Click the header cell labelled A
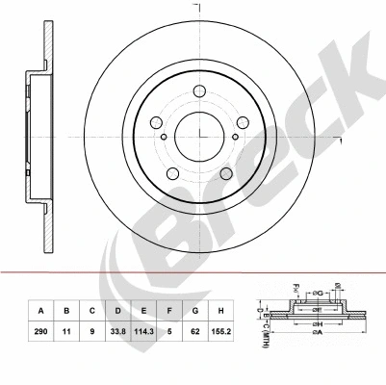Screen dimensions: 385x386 [x=41, y=311]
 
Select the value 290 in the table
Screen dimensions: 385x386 [x=41, y=331]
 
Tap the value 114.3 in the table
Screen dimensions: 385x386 [x=142, y=331]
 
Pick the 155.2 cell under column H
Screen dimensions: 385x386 [x=219, y=331]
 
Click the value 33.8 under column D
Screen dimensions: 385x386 [x=116, y=331]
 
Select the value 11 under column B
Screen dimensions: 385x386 [x=66, y=331]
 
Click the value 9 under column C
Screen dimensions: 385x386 [x=91, y=331]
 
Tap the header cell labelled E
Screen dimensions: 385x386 [x=142, y=311]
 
